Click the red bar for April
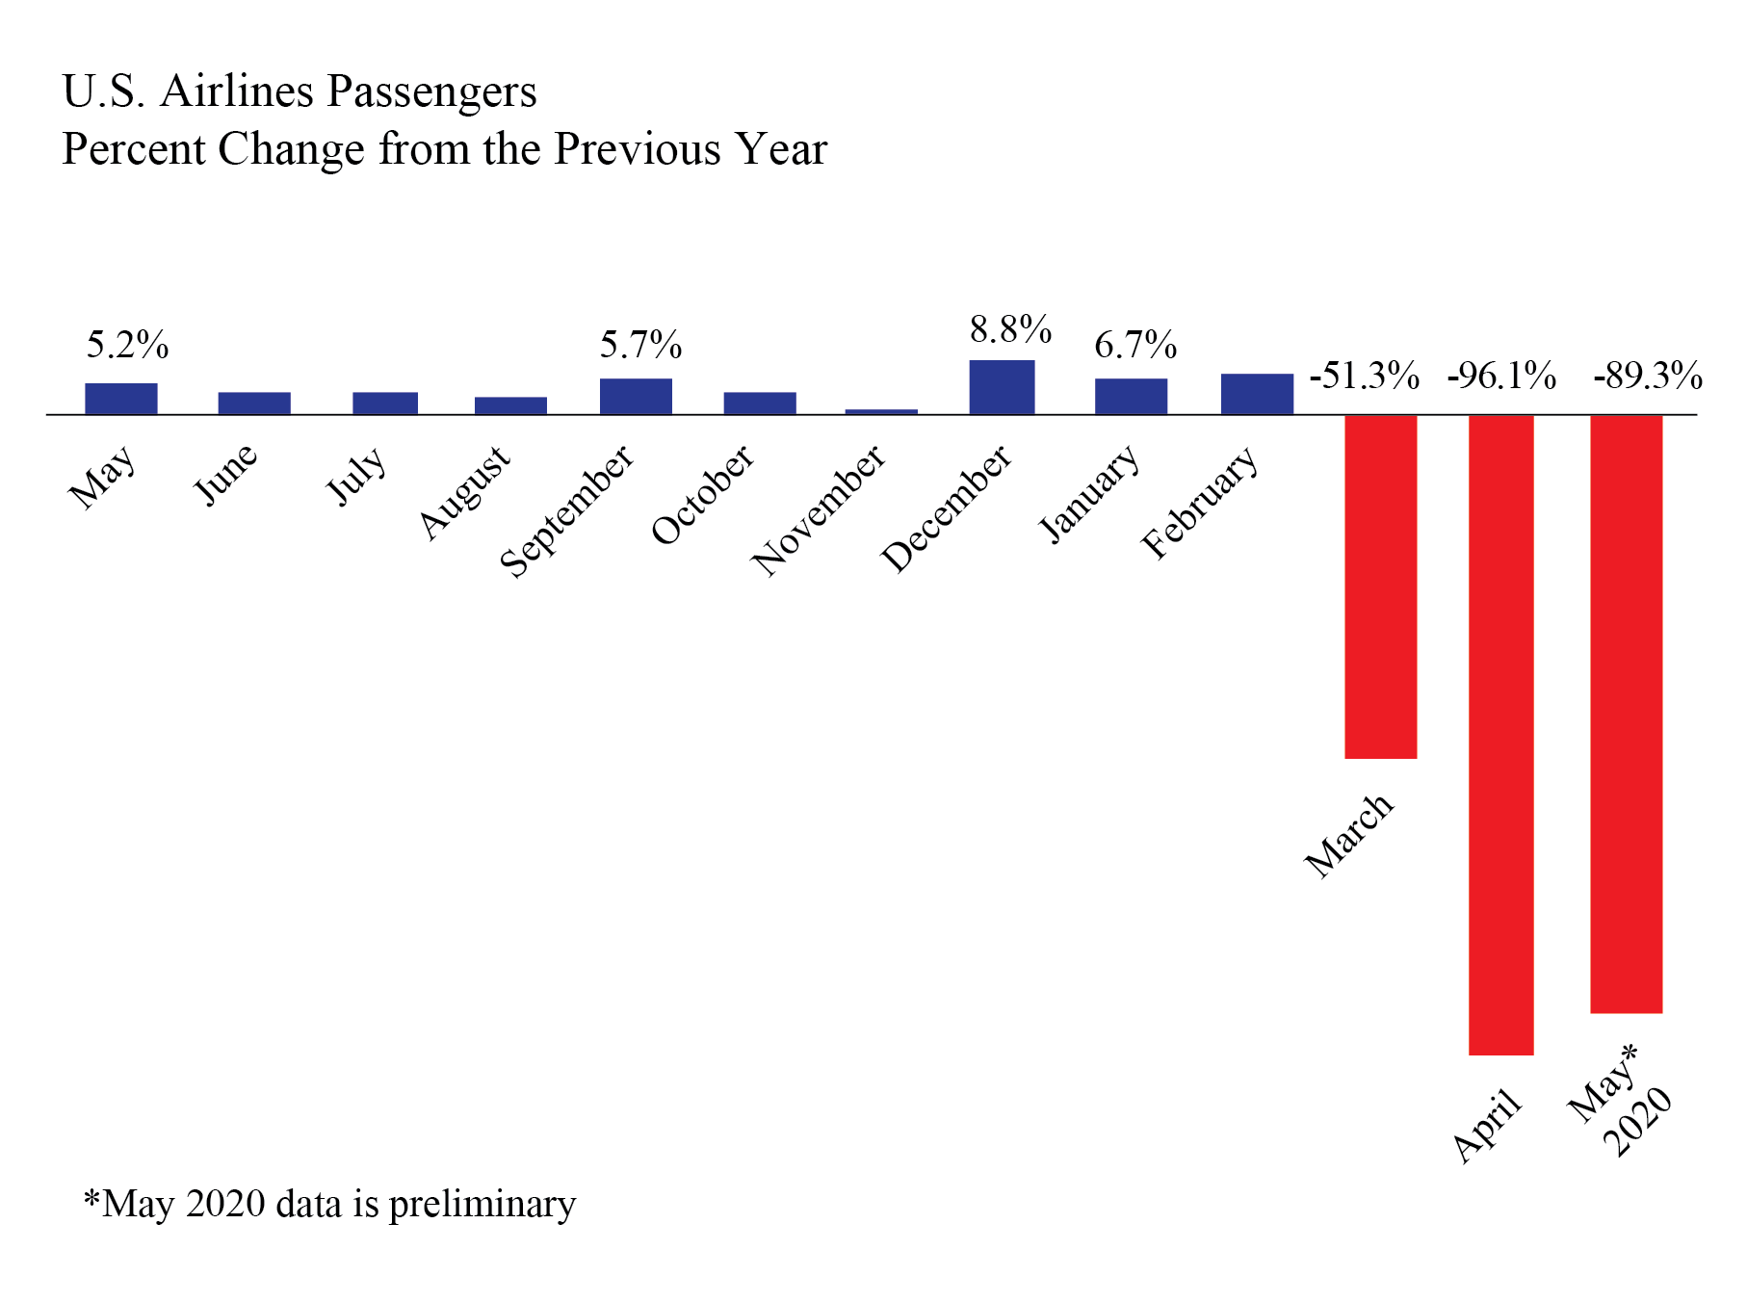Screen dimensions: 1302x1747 tap(1500, 734)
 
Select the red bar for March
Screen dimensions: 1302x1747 tap(1380, 586)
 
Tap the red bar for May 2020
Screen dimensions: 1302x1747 tap(1626, 714)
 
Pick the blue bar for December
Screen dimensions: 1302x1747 tap(1002, 387)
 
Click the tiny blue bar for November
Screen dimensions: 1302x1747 tap(881, 411)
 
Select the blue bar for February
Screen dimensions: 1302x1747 tap(1257, 394)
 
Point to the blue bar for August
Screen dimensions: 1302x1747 tap(510, 405)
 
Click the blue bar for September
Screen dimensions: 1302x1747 tap(636, 396)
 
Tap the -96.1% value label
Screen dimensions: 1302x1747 tap(1501, 376)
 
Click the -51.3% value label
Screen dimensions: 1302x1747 tap(1365, 376)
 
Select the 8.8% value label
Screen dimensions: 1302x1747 tap(1010, 330)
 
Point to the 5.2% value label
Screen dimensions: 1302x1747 tap(127, 345)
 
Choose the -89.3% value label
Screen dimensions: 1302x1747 tap(1648, 376)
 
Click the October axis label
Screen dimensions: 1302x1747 tap(703, 495)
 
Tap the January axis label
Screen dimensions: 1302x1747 tap(1090, 493)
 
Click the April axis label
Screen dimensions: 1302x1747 tap(1487, 1125)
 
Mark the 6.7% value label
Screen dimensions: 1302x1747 tap(1135, 345)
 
